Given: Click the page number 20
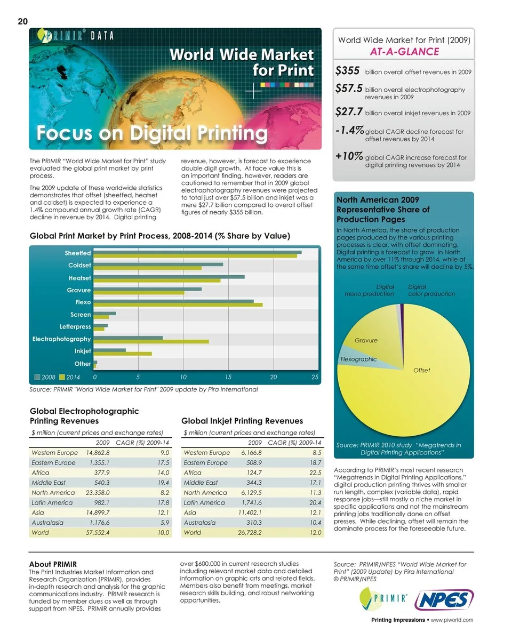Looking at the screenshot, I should tap(22, 21).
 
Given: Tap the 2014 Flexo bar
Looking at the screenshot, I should tap(178, 305).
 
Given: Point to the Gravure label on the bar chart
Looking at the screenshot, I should tap(78, 290).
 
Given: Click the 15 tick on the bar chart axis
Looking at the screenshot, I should tap(228, 376).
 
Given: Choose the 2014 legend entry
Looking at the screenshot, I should tap(69, 376).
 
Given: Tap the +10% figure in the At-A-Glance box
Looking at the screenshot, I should tap(349, 156).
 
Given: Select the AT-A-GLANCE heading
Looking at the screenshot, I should tap(404, 52).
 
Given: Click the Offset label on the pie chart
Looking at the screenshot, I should tap(421, 370).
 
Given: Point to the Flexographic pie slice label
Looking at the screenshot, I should tap(358, 359).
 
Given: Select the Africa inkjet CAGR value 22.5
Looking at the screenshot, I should tap(315, 472).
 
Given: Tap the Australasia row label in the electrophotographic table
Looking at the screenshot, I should tap(47, 523).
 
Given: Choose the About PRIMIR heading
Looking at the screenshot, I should tap(53, 564).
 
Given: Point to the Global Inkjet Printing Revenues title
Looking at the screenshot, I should tap(242, 421).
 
